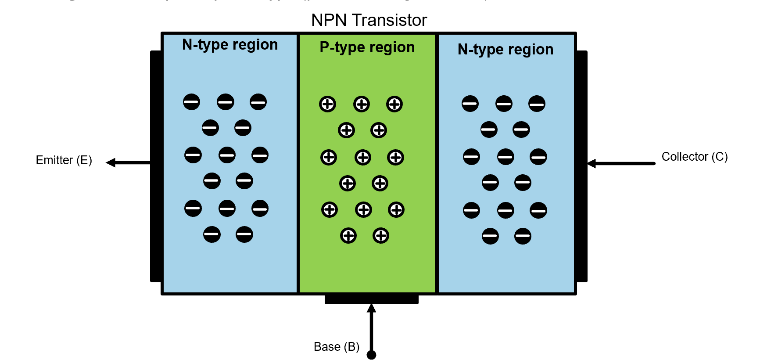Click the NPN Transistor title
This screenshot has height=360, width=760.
point(369,20)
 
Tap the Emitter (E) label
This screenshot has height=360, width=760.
point(64,160)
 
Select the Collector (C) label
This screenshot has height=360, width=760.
point(694,157)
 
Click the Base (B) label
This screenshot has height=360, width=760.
point(336,347)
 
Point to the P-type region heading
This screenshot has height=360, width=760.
point(367,47)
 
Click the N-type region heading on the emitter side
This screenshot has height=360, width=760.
point(229,45)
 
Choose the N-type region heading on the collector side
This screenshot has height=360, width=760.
point(505,50)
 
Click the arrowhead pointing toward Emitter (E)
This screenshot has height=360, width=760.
point(111,163)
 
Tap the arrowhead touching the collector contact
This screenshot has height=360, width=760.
point(592,164)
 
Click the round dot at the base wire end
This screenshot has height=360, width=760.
point(371,355)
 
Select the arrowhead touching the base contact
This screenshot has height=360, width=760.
point(371,308)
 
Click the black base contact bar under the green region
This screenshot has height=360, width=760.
point(371,299)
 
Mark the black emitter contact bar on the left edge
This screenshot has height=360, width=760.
point(156,167)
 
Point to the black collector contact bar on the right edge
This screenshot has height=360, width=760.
point(581,167)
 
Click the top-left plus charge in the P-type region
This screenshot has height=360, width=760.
point(327,104)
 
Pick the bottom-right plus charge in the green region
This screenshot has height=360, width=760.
point(380,236)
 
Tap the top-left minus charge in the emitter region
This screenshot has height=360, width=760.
point(191,102)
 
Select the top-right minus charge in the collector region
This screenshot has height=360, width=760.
point(537,104)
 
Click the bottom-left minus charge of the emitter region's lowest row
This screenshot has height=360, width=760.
point(212,234)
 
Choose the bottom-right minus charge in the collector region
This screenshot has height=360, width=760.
point(523,236)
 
